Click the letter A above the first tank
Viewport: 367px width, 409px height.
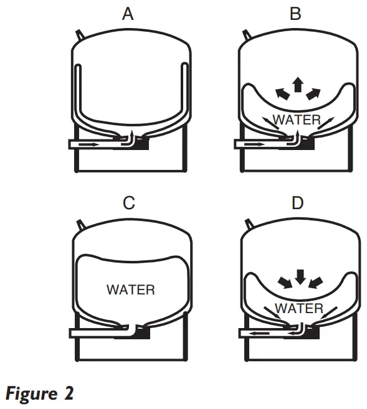(x=128, y=14)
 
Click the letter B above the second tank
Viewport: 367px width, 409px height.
(x=295, y=14)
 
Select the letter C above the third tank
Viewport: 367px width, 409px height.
(x=129, y=203)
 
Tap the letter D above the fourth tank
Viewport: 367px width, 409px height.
(x=298, y=203)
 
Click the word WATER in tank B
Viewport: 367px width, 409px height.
(x=297, y=120)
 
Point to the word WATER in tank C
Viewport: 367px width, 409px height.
(x=131, y=289)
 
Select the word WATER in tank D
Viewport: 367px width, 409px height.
(x=299, y=308)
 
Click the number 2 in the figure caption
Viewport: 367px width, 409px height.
(x=69, y=393)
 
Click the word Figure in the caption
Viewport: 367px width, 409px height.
(x=31, y=394)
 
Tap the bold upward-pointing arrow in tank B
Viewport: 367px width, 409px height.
(x=298, y=85)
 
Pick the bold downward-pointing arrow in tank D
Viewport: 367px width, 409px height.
(x=300, y=277)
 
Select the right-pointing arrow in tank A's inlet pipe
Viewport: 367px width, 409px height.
(x=88, y=144)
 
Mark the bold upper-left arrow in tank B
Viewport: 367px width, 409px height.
(x=283, y=94)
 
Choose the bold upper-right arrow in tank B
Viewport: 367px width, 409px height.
(x=313, y=94)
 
